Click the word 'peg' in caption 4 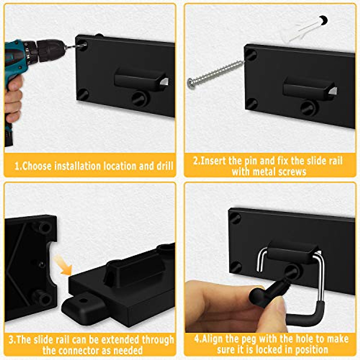[246, 339]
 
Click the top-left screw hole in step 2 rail [251, 55]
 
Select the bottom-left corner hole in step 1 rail [83, 95]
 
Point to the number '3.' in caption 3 [12, 340]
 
